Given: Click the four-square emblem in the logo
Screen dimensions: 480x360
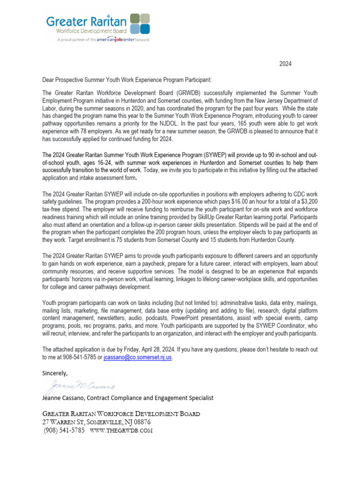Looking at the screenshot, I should [x=140, y=24].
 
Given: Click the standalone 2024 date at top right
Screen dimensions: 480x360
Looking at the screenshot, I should [x=285, y=64].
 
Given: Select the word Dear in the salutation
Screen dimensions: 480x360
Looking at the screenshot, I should [x=49, y=81].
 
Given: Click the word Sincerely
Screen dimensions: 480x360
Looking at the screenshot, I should [x=55, y=374].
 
